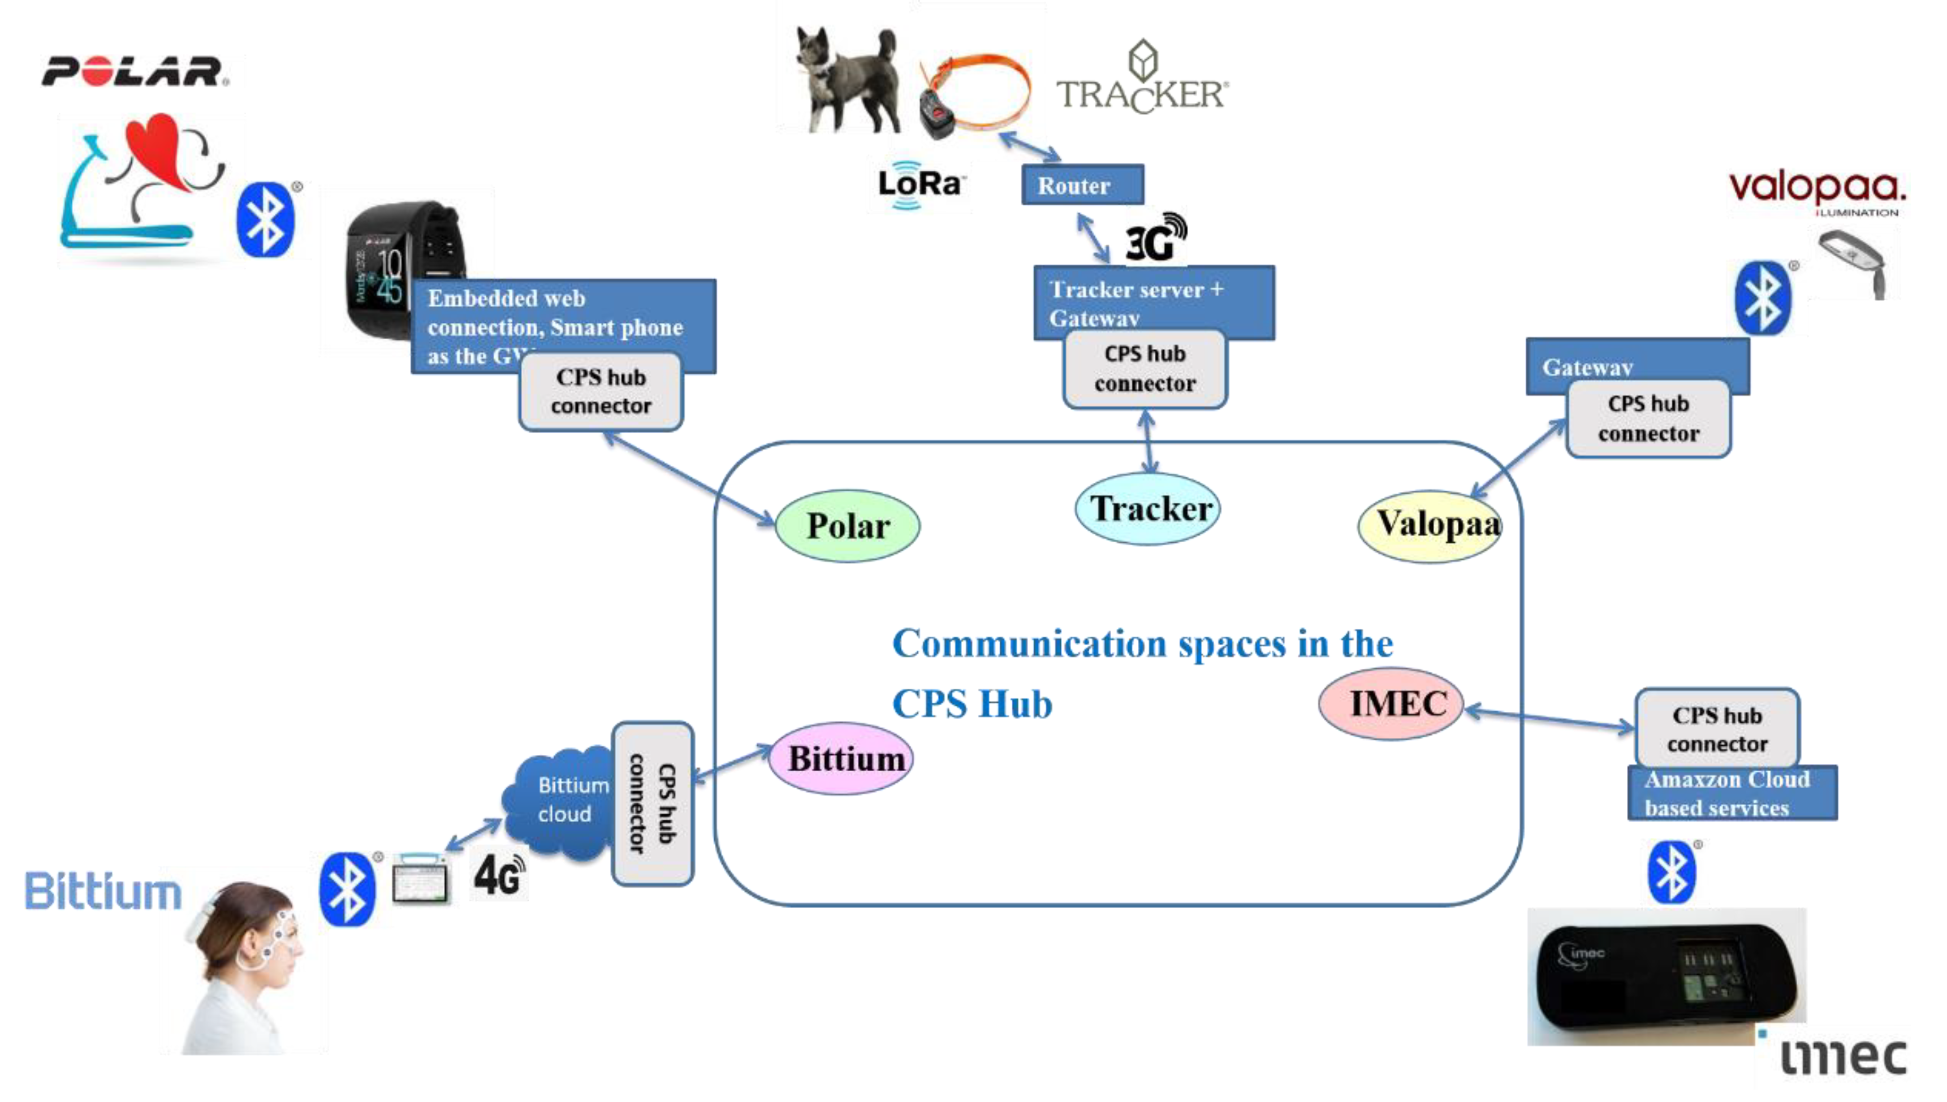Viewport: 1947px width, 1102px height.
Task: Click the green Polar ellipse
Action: [x=847, y=526]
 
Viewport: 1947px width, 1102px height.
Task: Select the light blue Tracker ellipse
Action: [x=1147, y=509]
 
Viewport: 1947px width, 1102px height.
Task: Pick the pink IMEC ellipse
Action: [x=1391, y=704]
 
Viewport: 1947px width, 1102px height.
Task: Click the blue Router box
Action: [x=1081, y=185]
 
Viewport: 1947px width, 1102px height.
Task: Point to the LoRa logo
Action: [x=919, y=184]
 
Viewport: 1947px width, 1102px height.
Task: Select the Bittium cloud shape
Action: [x=560, y=802]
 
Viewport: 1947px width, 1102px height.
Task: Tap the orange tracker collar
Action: [x=977, y=94]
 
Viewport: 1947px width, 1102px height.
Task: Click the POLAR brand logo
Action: [x=134, y=72]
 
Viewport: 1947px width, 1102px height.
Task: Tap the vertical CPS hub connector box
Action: [x=652, y=804]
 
